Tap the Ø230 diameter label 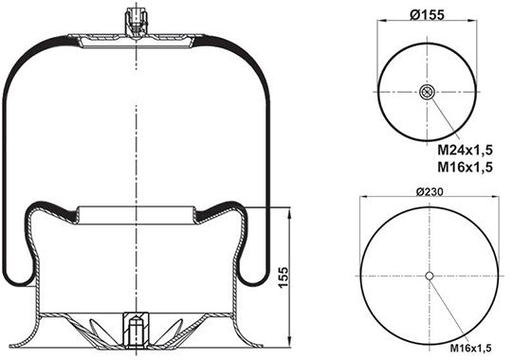(x=430, y=192)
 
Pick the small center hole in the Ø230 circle (x=430, y=276)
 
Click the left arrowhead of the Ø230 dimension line (x=363, y=199)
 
